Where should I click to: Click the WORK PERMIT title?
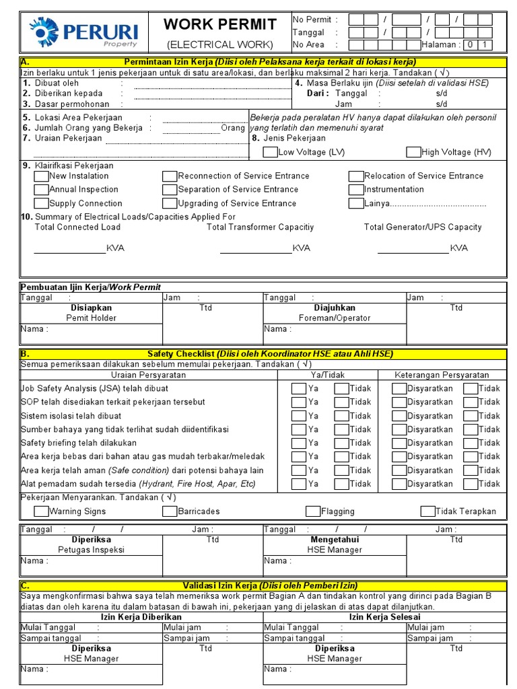coord(220,25)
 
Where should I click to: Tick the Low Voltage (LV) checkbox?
coord(270,152)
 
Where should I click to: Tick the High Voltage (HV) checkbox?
coord(413,152)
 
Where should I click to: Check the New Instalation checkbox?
coord(41,176)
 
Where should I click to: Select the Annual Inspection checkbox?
coord(41,190)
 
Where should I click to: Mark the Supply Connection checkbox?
coord(41,203)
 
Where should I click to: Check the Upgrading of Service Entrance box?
coord(170,203)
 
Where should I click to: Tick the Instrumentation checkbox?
coord(356,190)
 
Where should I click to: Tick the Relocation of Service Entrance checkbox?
coord(356,176)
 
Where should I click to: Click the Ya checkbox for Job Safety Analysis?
coord(298,388)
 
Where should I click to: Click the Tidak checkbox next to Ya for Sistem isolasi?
coord(341,416)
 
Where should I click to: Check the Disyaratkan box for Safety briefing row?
coord(399,443)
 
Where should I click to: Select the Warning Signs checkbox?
coord(41,511)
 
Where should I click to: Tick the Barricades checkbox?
coord(170,511)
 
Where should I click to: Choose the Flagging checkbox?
coord(313,511)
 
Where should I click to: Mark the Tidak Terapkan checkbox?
coord(427,511)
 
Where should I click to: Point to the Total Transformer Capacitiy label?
coord(260,227)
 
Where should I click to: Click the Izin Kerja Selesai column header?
coord(384,616)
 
